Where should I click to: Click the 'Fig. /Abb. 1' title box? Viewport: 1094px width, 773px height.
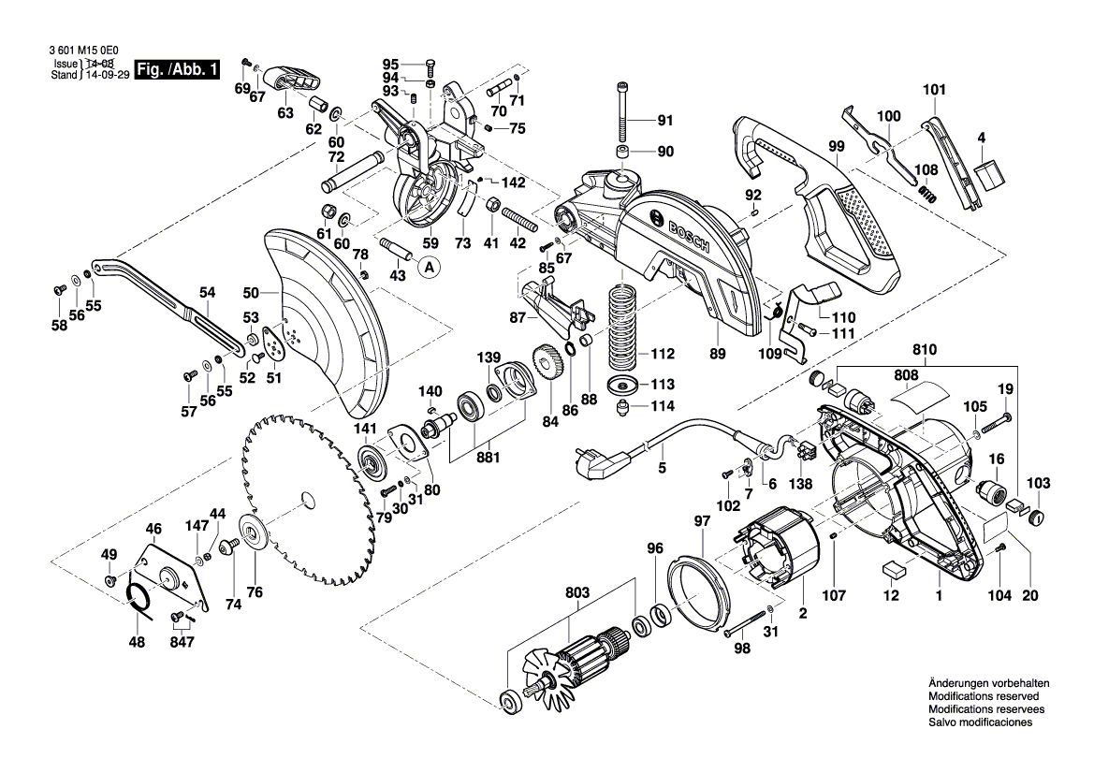pyautogui.click(x=178, y=69)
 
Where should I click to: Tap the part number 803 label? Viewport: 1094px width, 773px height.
pyautogui.click(x=577, y=591)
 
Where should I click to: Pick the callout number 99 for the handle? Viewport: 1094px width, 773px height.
pyautogui.click(x=836, y=146)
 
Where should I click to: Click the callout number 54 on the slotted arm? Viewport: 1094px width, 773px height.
pyautogui.click(x=207, y=292)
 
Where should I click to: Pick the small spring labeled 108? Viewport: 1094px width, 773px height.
pyautogui.click(x=926, y=195)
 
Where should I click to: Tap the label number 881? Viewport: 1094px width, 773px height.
pyautogui.click(x=487, y=458)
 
